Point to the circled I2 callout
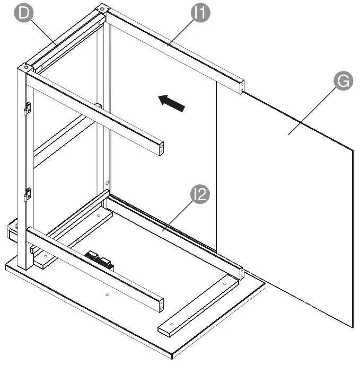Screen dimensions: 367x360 pyautogui.click(x=200, y=196)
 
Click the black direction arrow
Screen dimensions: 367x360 pyautogui.click(x=172, y=102)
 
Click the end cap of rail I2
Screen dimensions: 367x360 pyautogui.click(x=241, y=274)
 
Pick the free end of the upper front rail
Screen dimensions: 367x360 pyautogui.click(x=161, y=149)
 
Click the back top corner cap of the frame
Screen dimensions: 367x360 pyautogui.click(x=102, y=10)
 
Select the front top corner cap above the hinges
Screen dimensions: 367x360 pyautogui.click(x=25, y=67)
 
